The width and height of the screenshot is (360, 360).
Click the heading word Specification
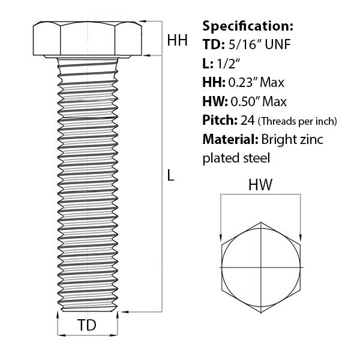coord(248,26)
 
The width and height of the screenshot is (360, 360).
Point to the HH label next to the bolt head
coord(177,40)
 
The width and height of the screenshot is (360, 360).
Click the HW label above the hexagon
coord(261,185)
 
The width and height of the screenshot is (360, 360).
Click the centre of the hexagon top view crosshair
coord(261,266)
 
